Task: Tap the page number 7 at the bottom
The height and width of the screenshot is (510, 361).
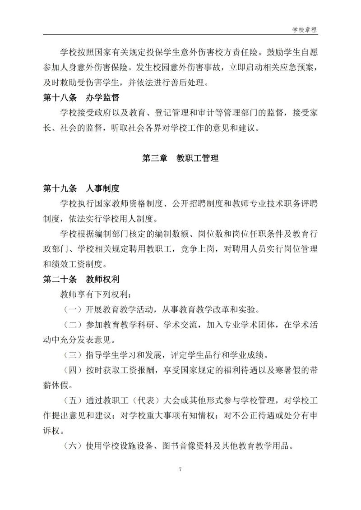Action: [180, 469]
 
